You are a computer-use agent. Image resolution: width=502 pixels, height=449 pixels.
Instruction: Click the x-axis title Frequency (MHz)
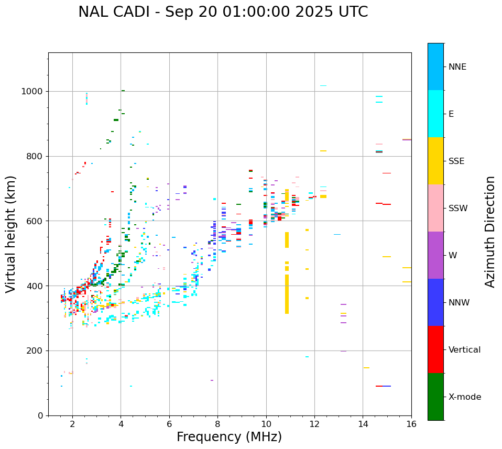point(229,437)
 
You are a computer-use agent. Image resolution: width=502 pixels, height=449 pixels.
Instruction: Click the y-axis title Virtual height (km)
point(11,234)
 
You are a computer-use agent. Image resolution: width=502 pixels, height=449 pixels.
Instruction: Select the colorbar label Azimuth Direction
point(490,232)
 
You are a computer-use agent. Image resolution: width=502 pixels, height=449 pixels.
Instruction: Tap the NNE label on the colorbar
point(457,67)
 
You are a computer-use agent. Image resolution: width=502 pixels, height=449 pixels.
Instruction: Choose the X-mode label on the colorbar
point(464,397)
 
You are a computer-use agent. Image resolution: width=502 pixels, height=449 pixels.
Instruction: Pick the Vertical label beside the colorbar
point(464,350)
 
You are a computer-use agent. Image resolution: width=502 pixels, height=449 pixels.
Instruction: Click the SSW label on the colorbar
point(458,209)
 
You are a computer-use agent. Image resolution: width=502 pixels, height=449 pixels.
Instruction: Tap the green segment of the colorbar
point(435,397)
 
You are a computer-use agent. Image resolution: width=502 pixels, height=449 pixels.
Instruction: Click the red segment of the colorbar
point(435,349)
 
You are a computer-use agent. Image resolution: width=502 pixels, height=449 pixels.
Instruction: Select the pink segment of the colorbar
point(435,208)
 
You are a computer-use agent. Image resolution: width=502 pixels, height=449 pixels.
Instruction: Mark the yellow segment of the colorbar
point(435,161)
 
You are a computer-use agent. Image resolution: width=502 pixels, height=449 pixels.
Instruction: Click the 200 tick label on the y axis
point(36,351)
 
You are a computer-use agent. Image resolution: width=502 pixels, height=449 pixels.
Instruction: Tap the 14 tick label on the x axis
point(363,424)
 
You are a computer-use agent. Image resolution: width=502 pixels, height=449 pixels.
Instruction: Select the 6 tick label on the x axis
point(169,424)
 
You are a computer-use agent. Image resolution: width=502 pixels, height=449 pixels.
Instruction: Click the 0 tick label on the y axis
point(41,415)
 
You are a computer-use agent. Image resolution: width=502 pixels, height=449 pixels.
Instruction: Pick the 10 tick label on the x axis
point(266,424)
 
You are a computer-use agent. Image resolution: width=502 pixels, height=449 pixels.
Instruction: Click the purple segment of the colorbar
point(435,255)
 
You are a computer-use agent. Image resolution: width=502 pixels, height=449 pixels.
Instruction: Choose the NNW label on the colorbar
point(459,303)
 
